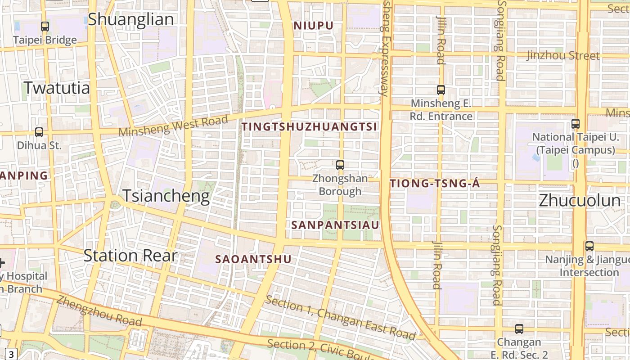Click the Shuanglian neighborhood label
pos(130,19)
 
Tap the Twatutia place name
pos(57,88)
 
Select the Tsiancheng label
pos(166,196)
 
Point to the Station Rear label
pos(130,256)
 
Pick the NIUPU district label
pos(314,26)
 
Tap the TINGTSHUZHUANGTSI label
pos(309,127)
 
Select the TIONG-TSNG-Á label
pos(435,184)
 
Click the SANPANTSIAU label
pos(335,225)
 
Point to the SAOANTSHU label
pos(253,259)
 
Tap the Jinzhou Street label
pos(563,56)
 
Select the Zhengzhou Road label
pos(99,311)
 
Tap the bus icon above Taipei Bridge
pos(45,27)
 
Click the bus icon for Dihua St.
pos(39,132)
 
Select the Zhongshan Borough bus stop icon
pos(340,165)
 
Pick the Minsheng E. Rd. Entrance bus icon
pos(441,90)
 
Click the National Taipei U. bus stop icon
pos(576,123)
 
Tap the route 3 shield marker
pos(12,354)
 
